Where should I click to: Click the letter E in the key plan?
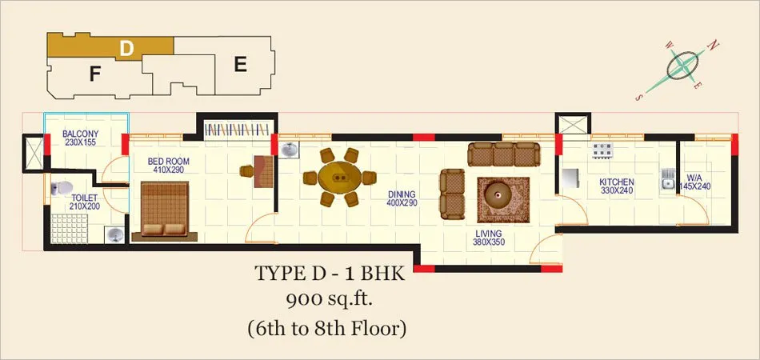click(x=241, y=65)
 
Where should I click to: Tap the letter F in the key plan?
click(x=95, y=74)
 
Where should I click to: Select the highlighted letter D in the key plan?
click(x=126, y=49)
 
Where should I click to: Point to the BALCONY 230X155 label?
click(x=81, y=138)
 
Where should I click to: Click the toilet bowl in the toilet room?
click(x=62, y=187)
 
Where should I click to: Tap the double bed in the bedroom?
click(x=165, y=210)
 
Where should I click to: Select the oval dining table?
click(x=340, y=178)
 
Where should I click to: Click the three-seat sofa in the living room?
click(x=503, y=154)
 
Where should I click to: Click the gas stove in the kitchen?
click(x=602, y=150)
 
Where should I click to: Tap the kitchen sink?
click(x=668, y=178)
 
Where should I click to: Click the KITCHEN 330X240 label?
click(x=617, y=186)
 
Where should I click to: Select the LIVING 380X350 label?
click(x=489, y=238)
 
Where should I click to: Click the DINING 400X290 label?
click(x=402, y=198)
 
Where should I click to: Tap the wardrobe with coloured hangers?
click(x=237, y=130)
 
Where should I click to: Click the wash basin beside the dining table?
click(x=290, y=150)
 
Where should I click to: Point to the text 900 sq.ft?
click(x=329, y=301)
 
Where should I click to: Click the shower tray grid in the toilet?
click(x=70, y=229)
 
